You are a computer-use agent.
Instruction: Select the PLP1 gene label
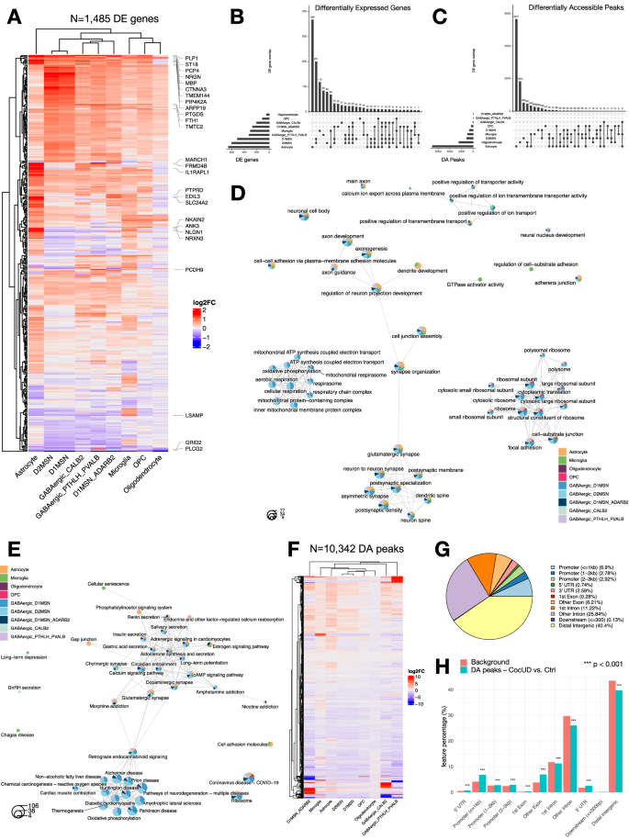190,57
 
